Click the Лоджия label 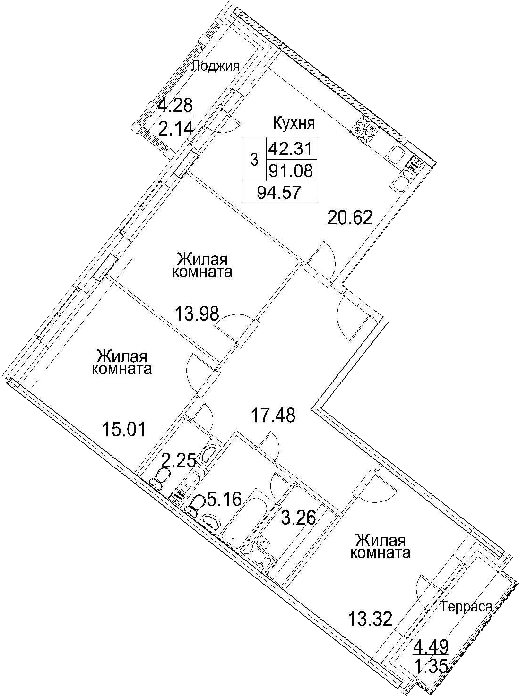click(216, 66)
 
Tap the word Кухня click(294, 123)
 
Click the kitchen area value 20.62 click(350, 218)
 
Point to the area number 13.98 click(197, 314)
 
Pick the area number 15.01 click(124, 430)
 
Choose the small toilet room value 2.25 click(179, 461)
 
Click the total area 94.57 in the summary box click(279, 192)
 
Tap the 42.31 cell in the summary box click(290, 148)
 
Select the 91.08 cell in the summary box click(290, 171)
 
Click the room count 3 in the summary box click(254, 160)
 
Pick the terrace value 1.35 click(431, 672)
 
